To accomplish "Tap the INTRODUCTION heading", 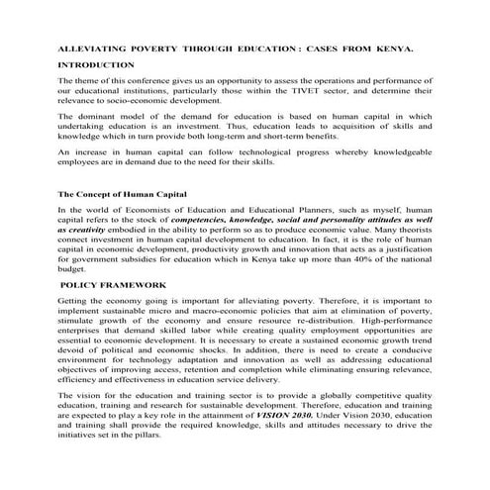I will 97,64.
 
